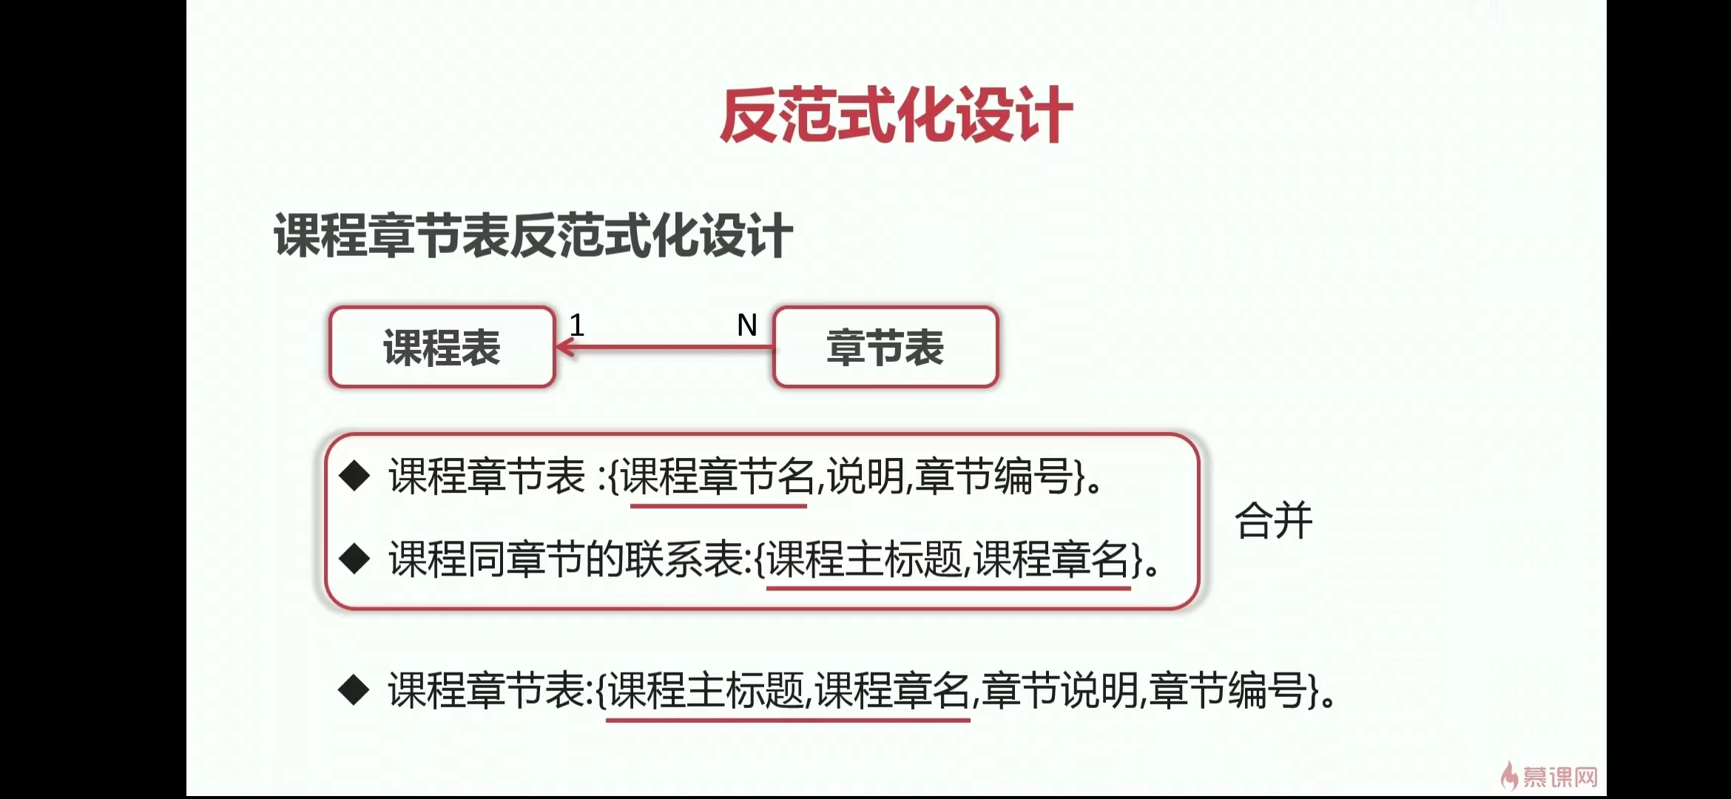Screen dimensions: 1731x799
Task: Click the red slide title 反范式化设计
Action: tap(897, 115)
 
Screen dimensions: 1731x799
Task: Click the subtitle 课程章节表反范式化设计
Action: tap(533, 235)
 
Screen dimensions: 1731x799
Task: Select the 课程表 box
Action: tap(442, 347)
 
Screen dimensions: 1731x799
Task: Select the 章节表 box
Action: tap(885, 347)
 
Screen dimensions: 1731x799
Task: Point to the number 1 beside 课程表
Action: tap(577, 325)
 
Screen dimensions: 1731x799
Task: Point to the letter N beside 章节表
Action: tap(747, 325)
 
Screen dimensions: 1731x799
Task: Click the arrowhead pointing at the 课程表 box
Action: tap(566, 347)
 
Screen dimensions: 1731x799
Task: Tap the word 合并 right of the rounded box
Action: tap(1273, 520)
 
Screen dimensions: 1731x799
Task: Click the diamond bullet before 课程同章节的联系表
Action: tap(354, 559)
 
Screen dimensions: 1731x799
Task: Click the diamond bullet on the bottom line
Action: tap(354, 690)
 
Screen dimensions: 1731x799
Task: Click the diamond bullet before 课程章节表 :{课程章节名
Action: tap(354, 476)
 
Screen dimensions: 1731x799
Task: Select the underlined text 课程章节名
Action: tap(718, 476)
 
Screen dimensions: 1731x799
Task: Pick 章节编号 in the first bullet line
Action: tap(994, 476)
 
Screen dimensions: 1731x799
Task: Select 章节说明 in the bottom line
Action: tap(1061, 690)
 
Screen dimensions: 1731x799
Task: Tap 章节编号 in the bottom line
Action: tap(1228, 690)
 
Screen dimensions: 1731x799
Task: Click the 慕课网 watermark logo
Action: tap(1550, 776)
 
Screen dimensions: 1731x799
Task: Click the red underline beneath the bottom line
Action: tap(788, 719)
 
